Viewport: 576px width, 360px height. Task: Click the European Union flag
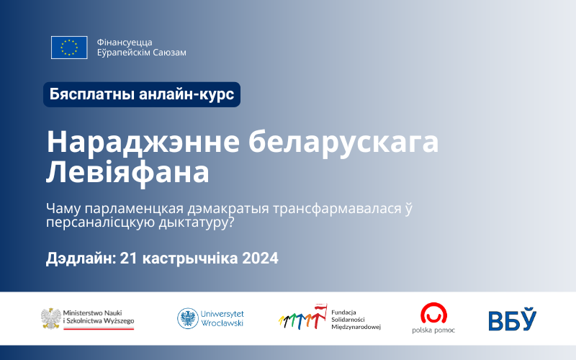pos(69,48)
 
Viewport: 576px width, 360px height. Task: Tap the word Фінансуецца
pos(125,42)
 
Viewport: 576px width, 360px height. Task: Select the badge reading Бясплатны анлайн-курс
pos(142,94)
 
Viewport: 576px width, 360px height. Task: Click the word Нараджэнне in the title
pos(143,142)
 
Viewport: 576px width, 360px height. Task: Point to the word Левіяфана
pos(127,173)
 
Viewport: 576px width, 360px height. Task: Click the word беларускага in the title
pos(343,142)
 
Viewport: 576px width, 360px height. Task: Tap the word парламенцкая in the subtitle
pos(134,209)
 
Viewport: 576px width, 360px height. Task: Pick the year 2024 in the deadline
pos(260,258)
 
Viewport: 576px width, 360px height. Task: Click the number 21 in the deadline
pos(129,258)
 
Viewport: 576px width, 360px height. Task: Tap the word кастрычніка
pos(190,258)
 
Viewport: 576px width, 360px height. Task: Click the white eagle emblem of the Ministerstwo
pos(51,318)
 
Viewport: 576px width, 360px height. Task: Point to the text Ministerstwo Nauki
pos(92,313)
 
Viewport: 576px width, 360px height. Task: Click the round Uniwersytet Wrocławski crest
pos(188,318)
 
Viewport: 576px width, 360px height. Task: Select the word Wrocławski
pos(222,323)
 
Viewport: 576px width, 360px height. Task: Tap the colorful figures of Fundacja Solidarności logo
pos(302,317)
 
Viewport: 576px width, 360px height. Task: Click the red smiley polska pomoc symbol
pos(433,313)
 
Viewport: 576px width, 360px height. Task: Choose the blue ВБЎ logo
pos(513,319)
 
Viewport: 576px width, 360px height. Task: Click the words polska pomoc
pos(433,330)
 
